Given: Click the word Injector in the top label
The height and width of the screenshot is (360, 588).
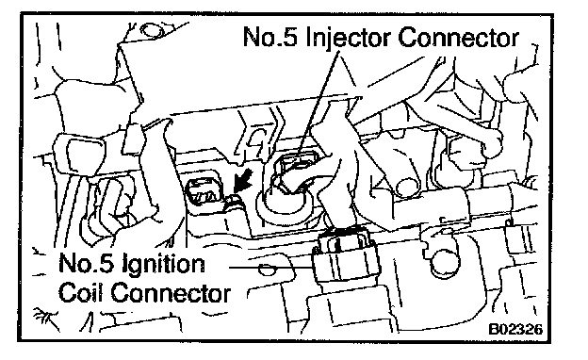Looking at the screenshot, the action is (x=349, y=38).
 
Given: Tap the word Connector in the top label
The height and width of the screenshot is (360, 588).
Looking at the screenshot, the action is (x=458, y=38).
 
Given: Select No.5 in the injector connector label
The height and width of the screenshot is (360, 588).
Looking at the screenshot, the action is (x=270, y=37).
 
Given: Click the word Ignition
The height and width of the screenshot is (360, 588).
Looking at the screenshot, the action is (x=164, y=265).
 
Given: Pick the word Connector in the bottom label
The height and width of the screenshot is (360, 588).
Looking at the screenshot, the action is (x=171, y=293).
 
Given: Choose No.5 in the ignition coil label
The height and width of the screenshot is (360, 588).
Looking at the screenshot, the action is (x=86, y=262).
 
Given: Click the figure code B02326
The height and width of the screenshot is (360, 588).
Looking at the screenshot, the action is (x=515, y=329).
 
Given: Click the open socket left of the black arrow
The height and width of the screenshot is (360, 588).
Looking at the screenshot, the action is (x=204, y=191).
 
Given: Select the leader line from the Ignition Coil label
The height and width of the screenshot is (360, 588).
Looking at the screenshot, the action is (x=270, y=268).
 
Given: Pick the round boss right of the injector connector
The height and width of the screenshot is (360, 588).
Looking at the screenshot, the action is (x=407, y=186).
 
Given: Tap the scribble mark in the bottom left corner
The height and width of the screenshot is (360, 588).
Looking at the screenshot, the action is (x=46, y=318).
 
